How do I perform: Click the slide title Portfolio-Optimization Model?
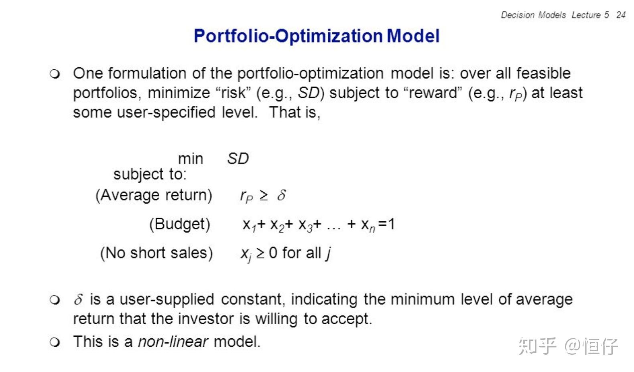pyautogui.click(x=317, y=36)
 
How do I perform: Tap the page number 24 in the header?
pyautogui.click(x=621, y=15)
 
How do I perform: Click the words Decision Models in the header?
pyautogui.click(x=533, y=15)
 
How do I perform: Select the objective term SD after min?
pyautogui.click(x=238, y=159)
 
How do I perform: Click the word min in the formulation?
pyautogui.click(x=191, y=159)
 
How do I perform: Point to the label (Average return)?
pyautogui.click(x=154, y=195)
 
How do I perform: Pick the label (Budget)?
pyautogui.click(x=180, y=224)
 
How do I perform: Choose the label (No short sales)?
pyautogui.click(x=156, y=253)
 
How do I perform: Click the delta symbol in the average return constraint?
pyautogui.click(x=281, y=195)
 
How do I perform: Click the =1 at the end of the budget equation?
pyautogui.click(x=387, y=224)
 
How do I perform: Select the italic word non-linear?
pyautogui.click(x=173, y=342)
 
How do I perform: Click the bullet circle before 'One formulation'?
pyautogui.click(x=55, y=74)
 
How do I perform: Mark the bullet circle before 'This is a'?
pyautogui.click(x=55, y=342)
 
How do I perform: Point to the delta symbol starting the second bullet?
pyautogui.click(x=79, y=299)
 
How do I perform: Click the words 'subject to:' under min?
pyautogui.click(x=150, y=174)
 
